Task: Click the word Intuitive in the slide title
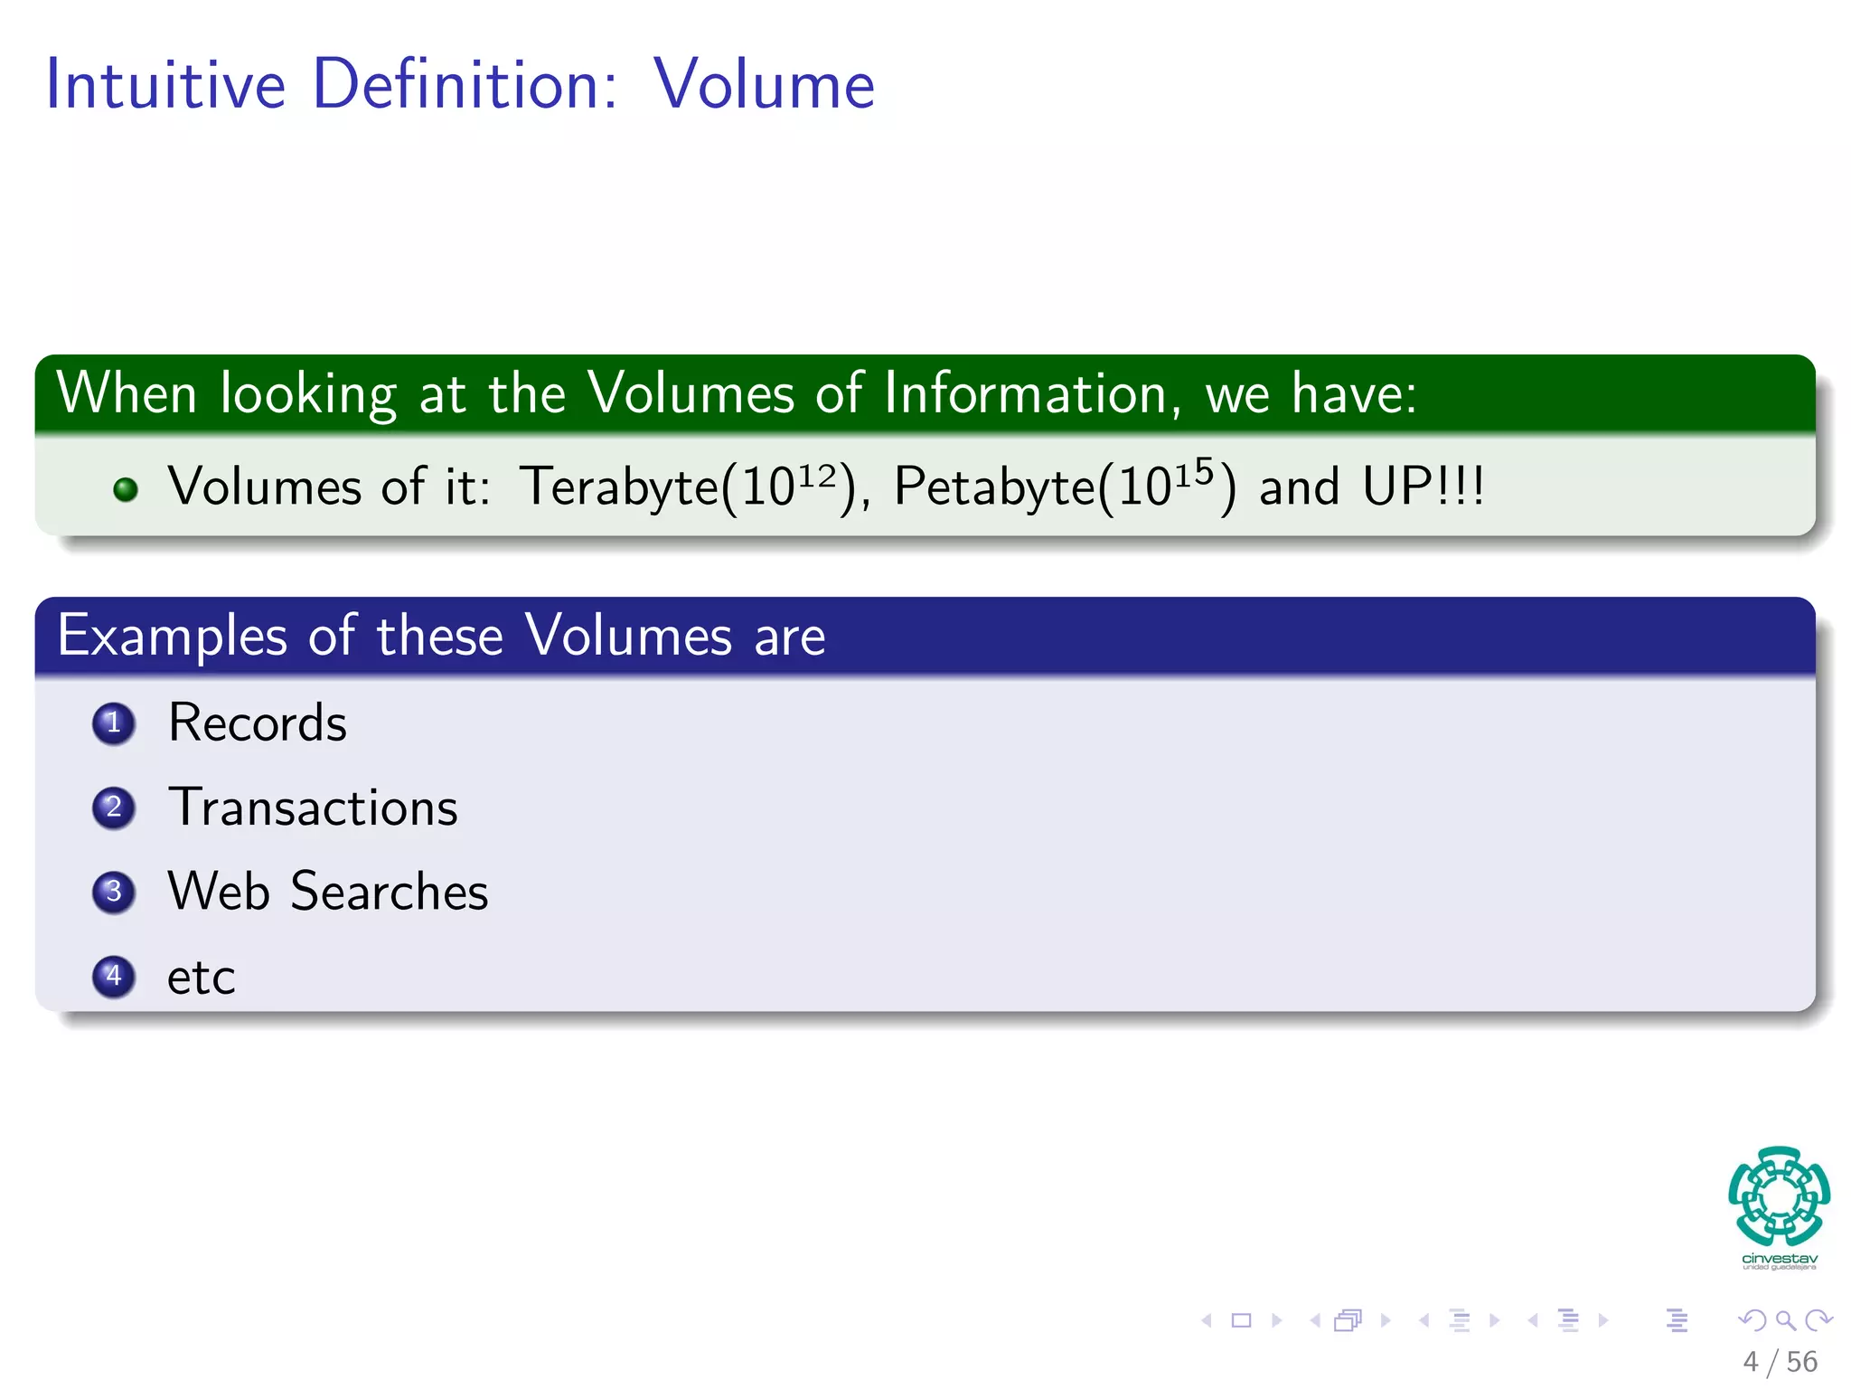[x=165, y=84]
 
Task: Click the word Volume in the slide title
[x=764, y=84]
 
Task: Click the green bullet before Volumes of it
[x=126, y=489]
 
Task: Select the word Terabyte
[x=619, y=487]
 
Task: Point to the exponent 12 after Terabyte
[x=817, y=474]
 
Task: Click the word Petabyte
[x=993, y=487]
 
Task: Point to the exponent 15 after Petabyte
[x=1193, y=473]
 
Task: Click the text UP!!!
[x=1423, y=487]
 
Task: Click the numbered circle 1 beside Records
[x=114, y=723]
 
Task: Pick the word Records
[x=258, y=723]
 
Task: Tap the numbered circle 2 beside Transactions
[x=114, y=808]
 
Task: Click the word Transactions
[x=313, y=808]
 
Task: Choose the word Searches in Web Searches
[x=389, y=893]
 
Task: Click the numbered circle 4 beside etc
[x=114, y=977]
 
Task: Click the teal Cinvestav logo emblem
[x=1779, y=1195]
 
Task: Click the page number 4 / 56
[x=1780, y=1361]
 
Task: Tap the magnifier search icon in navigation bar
[x=1785, y=1320]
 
